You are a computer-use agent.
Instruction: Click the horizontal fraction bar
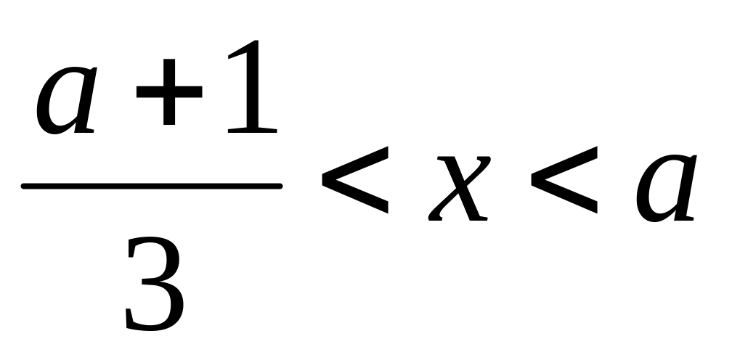[x=151, y=187]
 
